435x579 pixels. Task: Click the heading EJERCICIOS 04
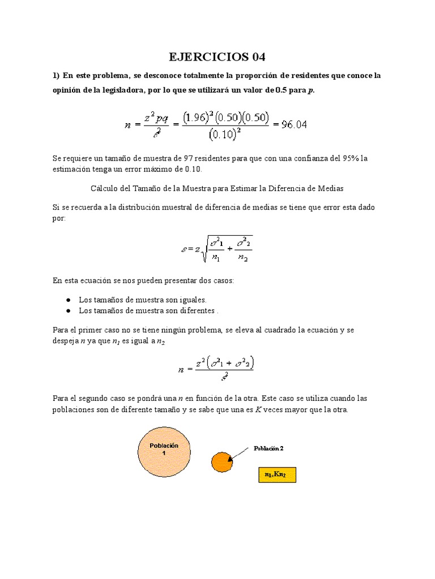(x=217, y=57)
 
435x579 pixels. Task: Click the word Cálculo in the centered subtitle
(x=105, y=188)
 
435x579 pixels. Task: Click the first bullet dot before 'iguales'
(x=68, y=300)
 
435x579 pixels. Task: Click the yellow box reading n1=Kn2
(x=277, y=474)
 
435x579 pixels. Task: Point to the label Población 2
(x=268, y=448)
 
